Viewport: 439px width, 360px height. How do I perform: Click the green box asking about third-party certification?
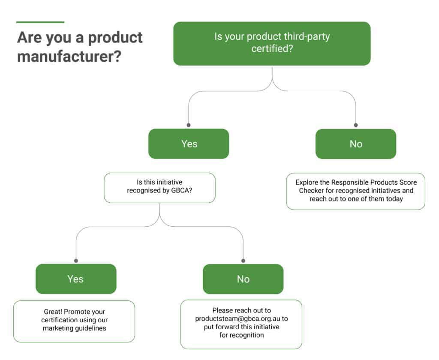pyautogui.click(x=272, y=44)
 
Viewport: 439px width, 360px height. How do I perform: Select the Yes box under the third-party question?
pyautogui.click(x=189, y=144)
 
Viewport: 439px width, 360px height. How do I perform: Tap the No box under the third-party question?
pyautogui.click(x=356, y=144)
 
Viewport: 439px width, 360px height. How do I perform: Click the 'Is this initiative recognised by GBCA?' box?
pyautogui.click(x=159, y=188)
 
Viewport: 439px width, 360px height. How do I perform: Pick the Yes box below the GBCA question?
pyautogui.click(x=76, y=279)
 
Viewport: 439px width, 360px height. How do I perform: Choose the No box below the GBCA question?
pyautogui.click(x=243, y=279)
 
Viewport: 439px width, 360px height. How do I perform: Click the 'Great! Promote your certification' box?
pyautogui.click(x=74, y=321)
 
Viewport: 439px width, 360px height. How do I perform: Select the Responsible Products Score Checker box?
pyautogui.click(x=355, y=191)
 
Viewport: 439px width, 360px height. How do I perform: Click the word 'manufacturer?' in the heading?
pyautogui.click(x=69, y=56)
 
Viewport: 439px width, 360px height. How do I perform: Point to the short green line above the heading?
pyautogui.click(x=40, y=22)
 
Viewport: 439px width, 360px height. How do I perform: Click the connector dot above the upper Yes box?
pyautogui.click(x=189, y=125)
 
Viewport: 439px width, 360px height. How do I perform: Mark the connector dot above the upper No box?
pyautogui.click(x=356, y=125)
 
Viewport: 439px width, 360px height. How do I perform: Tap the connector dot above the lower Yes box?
pyautogui.click(x=76, y=261)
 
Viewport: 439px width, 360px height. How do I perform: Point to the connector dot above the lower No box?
pyautogui.click(x=243, y=261)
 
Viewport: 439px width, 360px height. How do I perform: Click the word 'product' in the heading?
pyautogui.click(x=115, y=38)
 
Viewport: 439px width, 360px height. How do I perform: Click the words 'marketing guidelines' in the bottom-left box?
pyautogui.click(x=75, y=328)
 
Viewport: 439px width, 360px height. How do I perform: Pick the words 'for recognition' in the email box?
pyautogui.click(x=241, y=335)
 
